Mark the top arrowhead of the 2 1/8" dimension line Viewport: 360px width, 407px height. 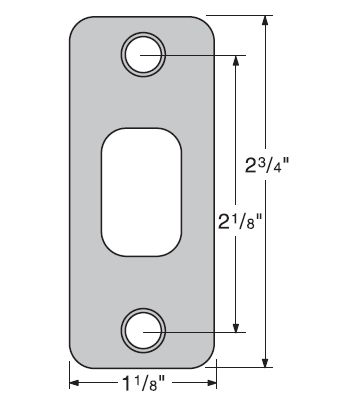tap(235, 58)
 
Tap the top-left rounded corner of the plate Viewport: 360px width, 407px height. tap(79, 24)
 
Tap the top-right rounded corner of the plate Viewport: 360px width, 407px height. tap(204, 24)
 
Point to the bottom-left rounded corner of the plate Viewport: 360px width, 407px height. tap(79, 358)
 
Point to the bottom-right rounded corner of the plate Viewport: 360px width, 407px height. tap(204, 358)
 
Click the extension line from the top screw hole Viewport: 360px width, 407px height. tap(200, 51)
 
